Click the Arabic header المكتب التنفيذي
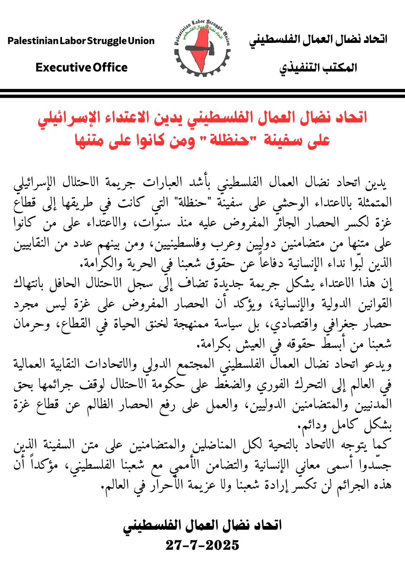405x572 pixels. pos(318,68)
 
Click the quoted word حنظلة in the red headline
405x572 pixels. pos(229,140)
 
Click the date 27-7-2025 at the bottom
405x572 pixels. pos(202,545)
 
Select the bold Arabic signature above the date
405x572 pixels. pos(202,525)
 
